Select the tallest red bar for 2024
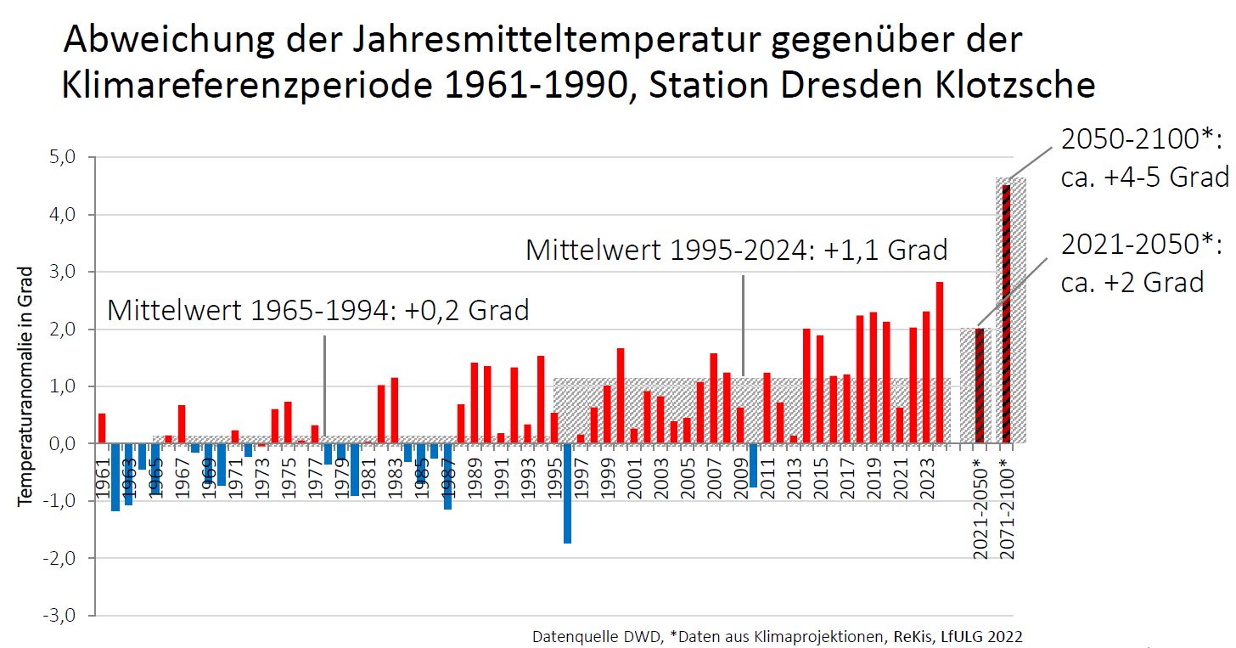point(939,363)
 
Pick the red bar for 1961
point(102,428)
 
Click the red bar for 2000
point(621,396)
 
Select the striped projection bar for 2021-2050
point(980,386)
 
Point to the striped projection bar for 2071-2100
point(1006,314)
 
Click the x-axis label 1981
point(368,478)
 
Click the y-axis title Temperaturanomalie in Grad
point(25,386)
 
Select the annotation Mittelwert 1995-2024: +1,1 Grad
point(736,250)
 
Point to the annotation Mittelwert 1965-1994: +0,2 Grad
point(317,310)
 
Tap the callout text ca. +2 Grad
point(1132,282)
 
